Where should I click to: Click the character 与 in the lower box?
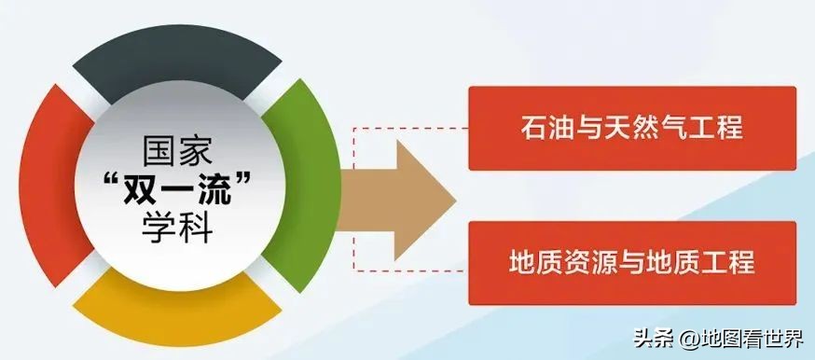pos(632,262)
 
